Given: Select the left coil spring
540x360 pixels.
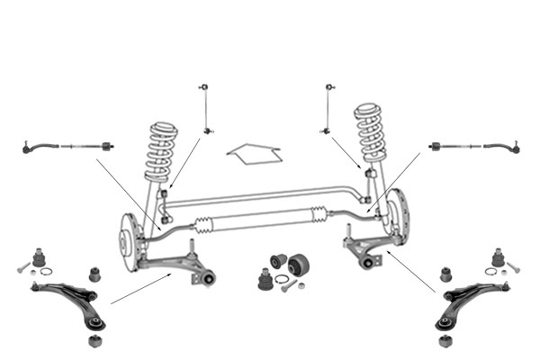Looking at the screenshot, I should pyautogui.click(x=161, y=152).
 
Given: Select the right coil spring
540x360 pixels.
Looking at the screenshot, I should pyautogui.click(x=371, y=132).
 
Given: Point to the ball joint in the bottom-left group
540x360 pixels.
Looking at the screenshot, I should pyautogui.click(x=39, y=257).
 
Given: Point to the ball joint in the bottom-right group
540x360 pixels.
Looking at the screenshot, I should pyautogui.click(x=498, y=257).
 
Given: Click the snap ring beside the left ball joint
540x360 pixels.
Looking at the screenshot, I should pyautogui.click(x=47, y=271).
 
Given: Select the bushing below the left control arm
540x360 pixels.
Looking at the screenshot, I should pyautogui.click(x=94, y=341).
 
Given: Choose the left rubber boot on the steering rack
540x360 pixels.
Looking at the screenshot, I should pyautogui.click(x=205, y=224).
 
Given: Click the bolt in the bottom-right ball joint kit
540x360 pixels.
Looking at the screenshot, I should pyautogui.click(x=515, y=268).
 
